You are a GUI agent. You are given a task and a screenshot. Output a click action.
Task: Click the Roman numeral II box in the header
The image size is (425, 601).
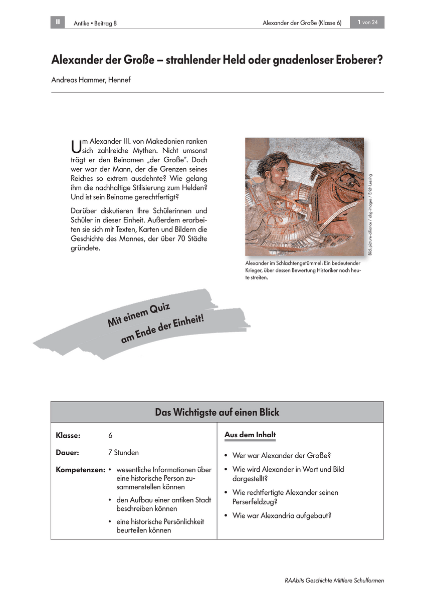pyautogui.click(x=58, y=22)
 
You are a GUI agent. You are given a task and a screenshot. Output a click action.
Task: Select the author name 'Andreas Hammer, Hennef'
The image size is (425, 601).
pyautogui.click(x=91, y=80)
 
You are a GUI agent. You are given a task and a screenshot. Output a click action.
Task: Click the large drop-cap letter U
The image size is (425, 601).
pyautogui.click(x=76, y=146)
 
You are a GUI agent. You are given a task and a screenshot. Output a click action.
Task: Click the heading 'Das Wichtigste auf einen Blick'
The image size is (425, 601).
pyautogui.click(x=217, y=412)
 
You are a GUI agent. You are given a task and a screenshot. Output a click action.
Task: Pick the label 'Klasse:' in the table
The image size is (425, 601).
pyautogui.click(x=68, y=436)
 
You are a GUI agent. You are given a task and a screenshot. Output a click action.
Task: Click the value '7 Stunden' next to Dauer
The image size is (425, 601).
pyautogui.click(x=123, y=452)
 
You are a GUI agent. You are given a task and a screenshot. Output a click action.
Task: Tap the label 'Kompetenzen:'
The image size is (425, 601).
pyautogui.click(x=80, y=470)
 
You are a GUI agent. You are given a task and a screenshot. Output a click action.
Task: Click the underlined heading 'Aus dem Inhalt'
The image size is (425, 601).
pyautogui.click(x=250, y=435)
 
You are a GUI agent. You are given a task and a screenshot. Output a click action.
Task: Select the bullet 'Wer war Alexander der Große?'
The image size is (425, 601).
pyautogui.click(x=281, y=456)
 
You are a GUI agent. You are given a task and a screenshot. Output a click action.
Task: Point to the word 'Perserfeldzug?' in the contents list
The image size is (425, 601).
pyautogui.click(x=256, y=501)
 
